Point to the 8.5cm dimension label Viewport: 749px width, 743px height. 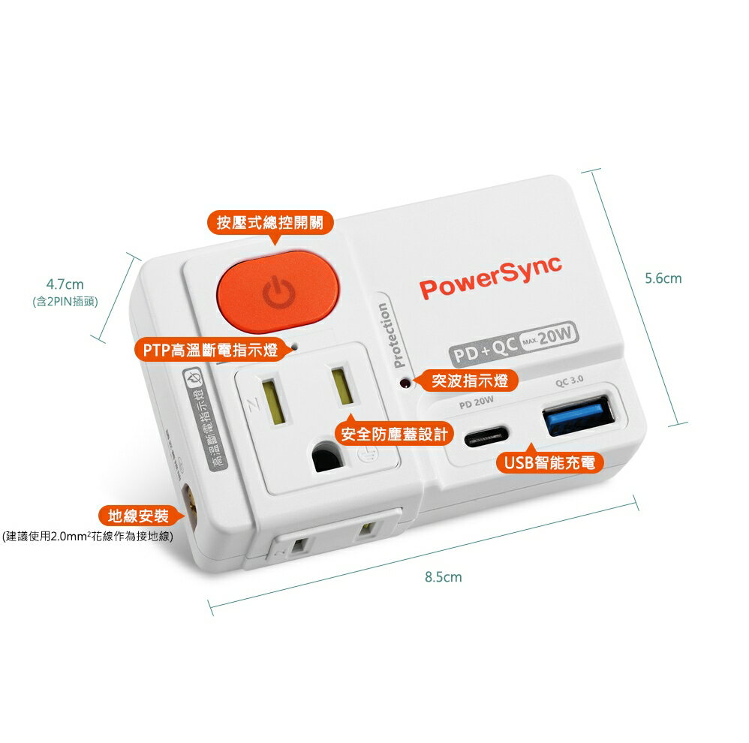(443, 577)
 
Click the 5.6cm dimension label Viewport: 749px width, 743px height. (663, 278)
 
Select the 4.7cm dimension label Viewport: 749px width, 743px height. (65, 284)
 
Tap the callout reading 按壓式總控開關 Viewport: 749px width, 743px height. (270, 222)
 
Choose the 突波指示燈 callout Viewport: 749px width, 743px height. (470, 381)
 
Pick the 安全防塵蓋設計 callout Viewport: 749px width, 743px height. (394, 434)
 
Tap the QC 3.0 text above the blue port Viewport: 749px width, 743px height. (570, 381)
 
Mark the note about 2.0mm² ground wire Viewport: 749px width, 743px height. (87, 536)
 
